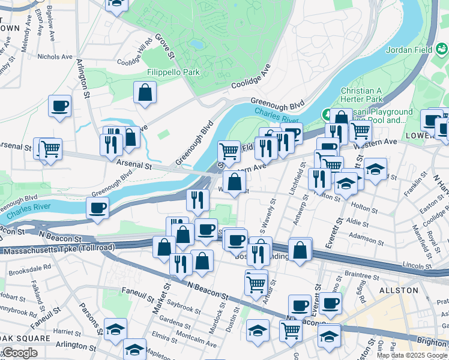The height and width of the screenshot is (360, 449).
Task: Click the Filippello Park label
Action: (x=173, y=72)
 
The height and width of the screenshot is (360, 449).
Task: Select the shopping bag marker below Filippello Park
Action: (x=145, y=94)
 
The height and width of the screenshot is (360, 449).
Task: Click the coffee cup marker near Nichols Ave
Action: (x=60, y=107)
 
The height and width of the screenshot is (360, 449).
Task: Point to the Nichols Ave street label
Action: (x=55, y=57)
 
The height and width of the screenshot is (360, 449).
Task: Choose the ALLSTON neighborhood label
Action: (x=399, y=290)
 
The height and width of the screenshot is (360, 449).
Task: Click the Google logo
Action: (x=20, y=353)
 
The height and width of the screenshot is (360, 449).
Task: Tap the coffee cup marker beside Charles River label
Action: (x=97, y=209)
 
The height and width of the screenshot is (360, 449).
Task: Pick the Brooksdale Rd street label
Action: (x=29, y=268)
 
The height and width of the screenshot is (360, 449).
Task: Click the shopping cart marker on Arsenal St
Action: (x=50, y=148)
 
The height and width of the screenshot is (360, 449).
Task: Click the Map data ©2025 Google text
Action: (x=412, y=355)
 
